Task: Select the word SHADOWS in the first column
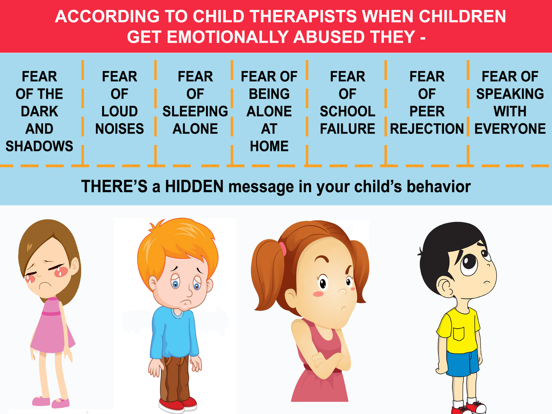(39, 146)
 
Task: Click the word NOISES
(120, 129)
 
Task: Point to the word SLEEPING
(195, 111)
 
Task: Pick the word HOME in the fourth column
(269, 146)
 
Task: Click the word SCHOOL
(347, 111)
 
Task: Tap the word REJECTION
(427, 129)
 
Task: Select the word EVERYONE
(510, 129)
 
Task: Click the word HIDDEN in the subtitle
(194, 186)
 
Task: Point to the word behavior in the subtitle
(439, 186)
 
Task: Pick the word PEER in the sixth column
(427, 111)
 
